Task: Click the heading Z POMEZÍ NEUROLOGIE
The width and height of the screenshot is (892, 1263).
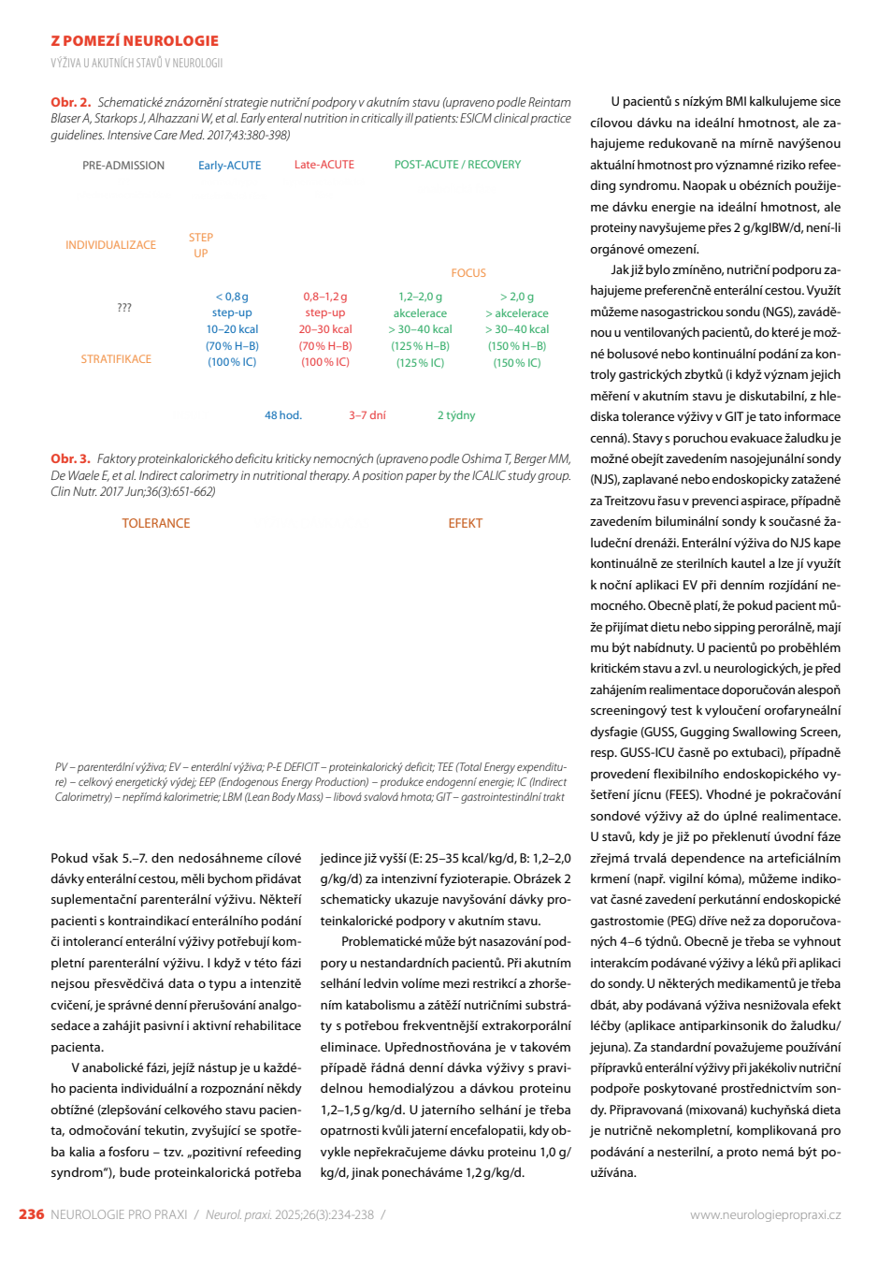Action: (135, 40)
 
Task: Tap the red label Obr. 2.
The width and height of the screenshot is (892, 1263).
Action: (70, 102)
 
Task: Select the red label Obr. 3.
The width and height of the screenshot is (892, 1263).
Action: (70, 458)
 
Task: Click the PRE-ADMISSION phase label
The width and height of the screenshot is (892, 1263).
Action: (123, 166)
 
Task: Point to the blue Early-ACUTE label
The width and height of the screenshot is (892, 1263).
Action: (229, 166)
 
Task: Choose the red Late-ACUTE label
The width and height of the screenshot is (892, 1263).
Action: (324, 165)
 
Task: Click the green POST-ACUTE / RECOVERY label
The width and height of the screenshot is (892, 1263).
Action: (457, 165)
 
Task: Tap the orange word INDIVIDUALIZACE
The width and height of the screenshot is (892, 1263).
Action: (110, 245)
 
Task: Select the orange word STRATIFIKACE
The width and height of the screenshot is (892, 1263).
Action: (116, 359)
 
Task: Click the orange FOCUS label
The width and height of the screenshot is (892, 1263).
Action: (468, 273)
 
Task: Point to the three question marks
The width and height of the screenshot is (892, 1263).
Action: (124, 307)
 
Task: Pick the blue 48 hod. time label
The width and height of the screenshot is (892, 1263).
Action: (283, 415)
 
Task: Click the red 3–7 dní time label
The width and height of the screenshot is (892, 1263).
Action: (367, 415)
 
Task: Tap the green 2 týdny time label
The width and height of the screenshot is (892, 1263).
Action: (456, 415)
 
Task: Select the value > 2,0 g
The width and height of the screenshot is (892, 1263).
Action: (517, 297)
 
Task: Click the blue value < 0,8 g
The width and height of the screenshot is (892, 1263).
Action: (232, 297)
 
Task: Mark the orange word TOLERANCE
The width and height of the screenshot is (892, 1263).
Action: (156, 523)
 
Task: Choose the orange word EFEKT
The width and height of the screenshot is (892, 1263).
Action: (466, 523)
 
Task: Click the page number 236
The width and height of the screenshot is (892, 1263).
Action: (32, 1214)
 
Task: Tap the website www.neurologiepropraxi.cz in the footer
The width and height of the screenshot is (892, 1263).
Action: (765, 1214)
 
